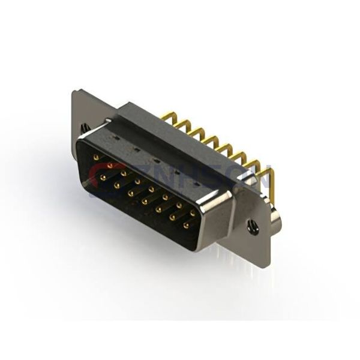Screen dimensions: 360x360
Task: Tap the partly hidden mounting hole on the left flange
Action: click(84, 127)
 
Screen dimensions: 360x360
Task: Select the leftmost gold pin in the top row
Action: click(96, 157)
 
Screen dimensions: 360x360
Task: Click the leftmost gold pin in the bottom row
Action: click(103, 178)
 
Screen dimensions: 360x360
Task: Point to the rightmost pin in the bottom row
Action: click(185, 226)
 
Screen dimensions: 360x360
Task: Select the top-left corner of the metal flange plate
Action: click(74, 92)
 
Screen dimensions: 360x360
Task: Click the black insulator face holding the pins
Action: click(144, 198)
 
